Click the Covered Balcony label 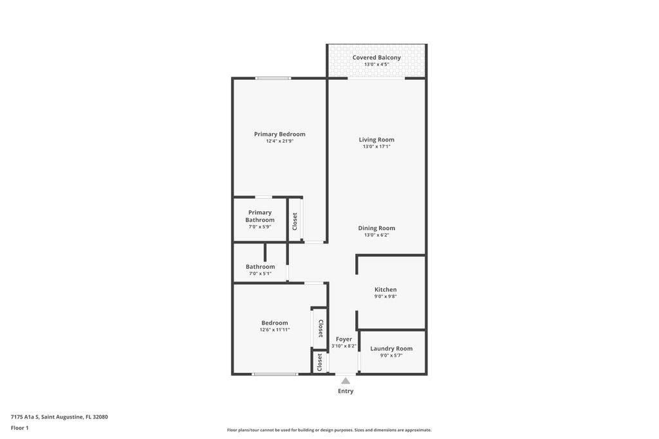point(376,57)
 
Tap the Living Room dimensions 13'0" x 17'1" point(376,147)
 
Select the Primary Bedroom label point(279,134)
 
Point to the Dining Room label point(376,228)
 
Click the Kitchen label point(385,290)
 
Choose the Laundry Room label point(391,348)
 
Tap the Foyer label point(344,339)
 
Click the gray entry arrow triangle point(346,381)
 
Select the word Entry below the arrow point(346,391)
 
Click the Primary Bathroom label point(260,216)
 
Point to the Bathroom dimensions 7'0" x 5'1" point(260,274)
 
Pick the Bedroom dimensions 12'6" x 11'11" point(274,330)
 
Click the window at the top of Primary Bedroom point(273,78)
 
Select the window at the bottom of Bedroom point(275,374)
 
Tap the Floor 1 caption point(19,428)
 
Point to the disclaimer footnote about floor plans point(329,430)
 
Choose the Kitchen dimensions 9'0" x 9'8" point(385,296)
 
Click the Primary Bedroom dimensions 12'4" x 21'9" point(279,141)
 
